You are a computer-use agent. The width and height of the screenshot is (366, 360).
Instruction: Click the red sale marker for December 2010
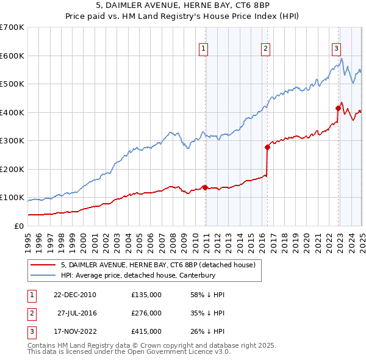point(205,187)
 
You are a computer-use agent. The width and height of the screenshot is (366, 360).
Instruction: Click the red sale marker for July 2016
point(267,147)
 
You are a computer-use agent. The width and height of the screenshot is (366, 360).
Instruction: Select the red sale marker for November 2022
point(338,108)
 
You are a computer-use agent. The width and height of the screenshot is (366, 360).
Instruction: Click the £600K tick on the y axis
point(12,56)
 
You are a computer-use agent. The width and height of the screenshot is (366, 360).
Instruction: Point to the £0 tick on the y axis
point(19,226)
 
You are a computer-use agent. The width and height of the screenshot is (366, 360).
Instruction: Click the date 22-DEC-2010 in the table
point(74,295)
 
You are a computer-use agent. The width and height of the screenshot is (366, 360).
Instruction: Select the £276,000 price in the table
point(146,313)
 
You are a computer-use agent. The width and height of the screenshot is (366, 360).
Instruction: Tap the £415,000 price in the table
point(146,331)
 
